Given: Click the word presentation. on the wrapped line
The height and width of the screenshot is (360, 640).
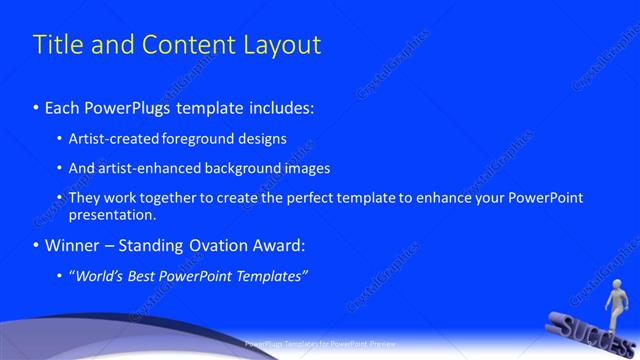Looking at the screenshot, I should click(112, 214).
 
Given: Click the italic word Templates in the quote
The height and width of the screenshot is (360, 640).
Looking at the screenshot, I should click(270, 275).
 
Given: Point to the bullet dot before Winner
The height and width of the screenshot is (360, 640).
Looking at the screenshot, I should click(36, 245).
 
